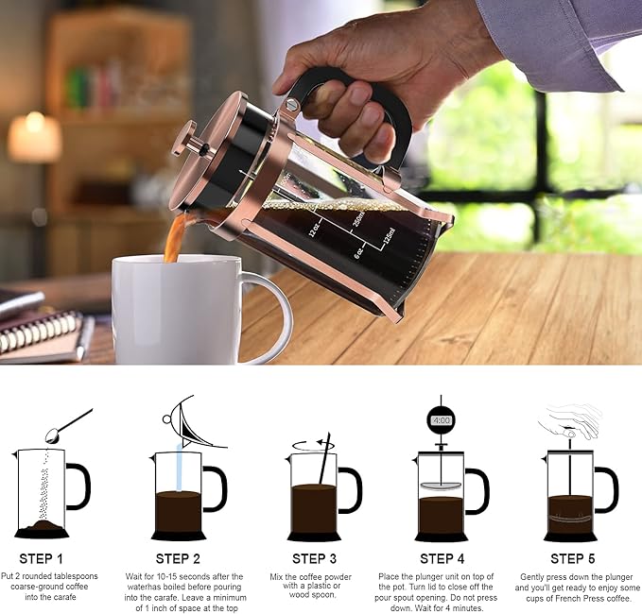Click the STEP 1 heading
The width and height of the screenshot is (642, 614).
point(40,559)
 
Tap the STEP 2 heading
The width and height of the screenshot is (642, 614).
point(178,559)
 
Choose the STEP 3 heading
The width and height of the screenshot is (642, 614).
point(315,559)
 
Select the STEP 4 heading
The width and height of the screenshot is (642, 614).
point(442,559)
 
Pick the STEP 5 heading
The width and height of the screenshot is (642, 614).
point(573,559)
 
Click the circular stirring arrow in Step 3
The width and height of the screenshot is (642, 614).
point(312,444)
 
